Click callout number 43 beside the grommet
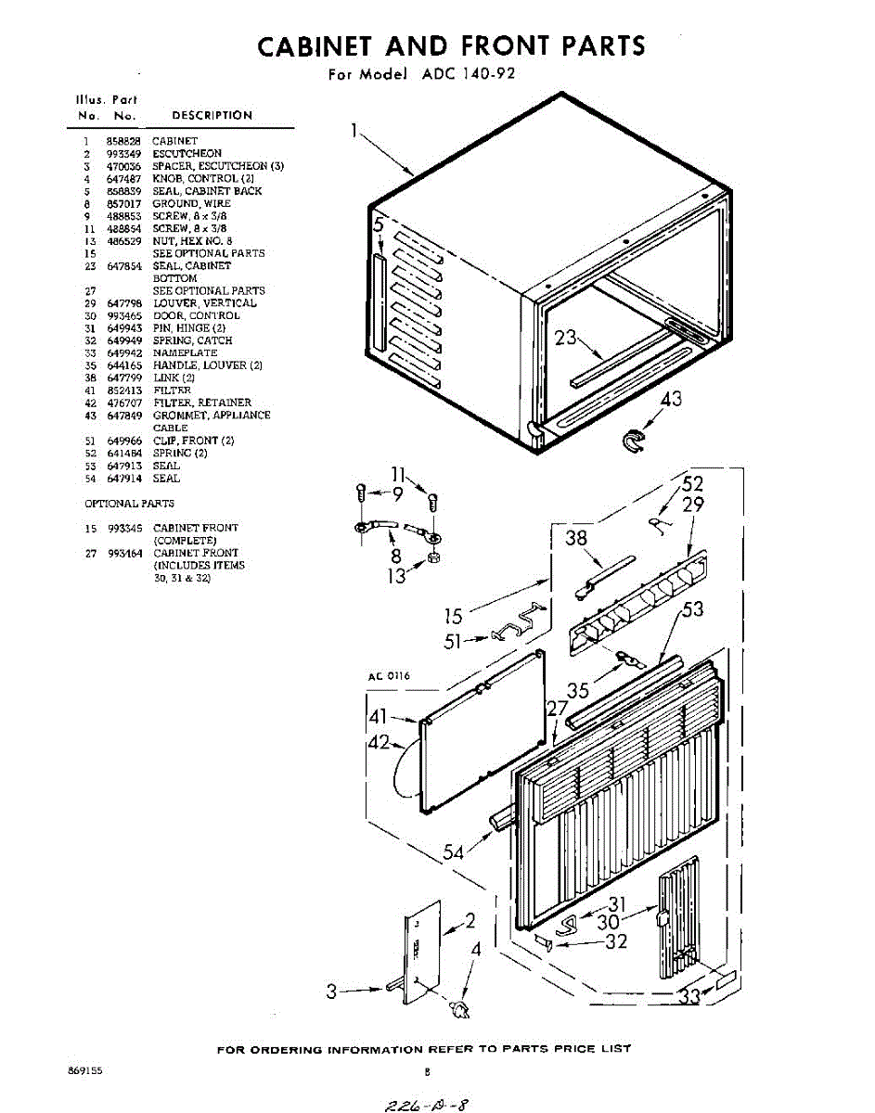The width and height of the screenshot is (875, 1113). pos(669,400)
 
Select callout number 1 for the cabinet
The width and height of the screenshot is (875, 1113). pos(354,131)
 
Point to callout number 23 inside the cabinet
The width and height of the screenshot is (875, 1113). pos(566,338)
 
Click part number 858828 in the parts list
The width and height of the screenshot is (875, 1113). pos(122,141)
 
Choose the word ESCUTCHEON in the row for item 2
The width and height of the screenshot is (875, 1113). pos(187,153)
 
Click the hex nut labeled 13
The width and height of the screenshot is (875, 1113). pos(432,559)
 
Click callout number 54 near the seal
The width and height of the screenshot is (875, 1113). pos(454,851)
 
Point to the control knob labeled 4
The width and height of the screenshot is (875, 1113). pos(458,1007)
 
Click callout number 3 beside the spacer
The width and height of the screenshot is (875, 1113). pos(331,991)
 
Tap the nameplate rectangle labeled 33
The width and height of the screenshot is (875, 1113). pos(724,980)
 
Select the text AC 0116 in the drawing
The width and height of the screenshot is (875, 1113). pos(390,676)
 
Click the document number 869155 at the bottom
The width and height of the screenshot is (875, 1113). pos(85,1071)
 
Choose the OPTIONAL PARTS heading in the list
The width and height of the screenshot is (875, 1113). pos(129,504)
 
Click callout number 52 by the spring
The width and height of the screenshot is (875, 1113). pos(693,483)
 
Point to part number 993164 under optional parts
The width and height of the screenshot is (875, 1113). pos(124,553)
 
